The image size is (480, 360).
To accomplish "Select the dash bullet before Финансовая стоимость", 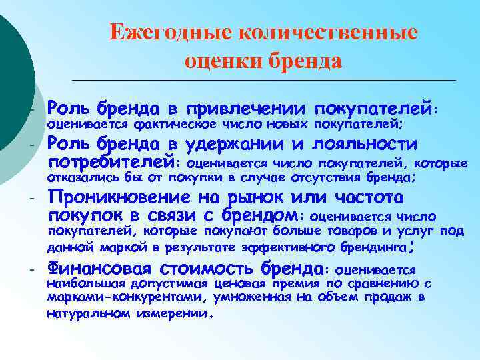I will [31, 269].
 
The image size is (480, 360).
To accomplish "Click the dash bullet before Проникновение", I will [31, 198].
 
